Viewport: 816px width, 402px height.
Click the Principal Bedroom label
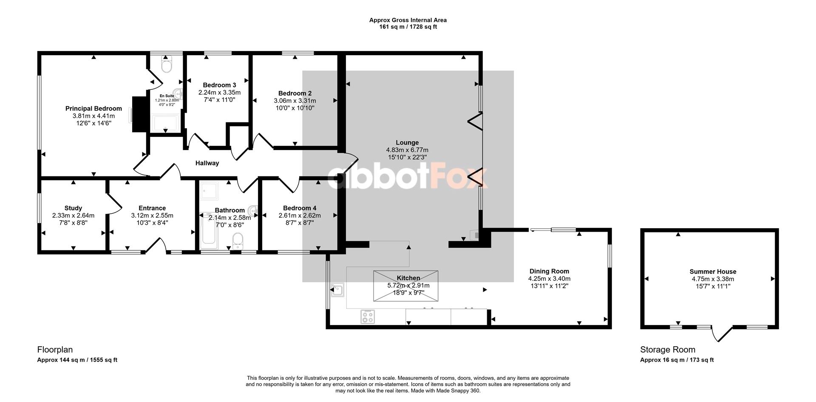pos(93,108)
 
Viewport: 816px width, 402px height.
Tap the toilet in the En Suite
pos(167,65)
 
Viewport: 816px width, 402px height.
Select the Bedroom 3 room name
pos(219,85)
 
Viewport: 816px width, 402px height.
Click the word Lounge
pos(407,143)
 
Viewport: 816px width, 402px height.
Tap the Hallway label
pos(207,163)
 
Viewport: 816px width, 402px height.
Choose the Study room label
pos(73,208)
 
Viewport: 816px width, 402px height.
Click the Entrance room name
pos(152,208)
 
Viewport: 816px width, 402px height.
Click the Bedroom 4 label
pos(300,208)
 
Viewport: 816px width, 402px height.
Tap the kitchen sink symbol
pos(337,290)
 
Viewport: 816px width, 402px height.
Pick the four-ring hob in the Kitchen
pos(368,317)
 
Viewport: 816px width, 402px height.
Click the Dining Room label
pos(549,271)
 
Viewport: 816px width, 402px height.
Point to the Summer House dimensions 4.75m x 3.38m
pos(713,279)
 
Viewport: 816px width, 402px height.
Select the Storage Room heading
pos(668,350)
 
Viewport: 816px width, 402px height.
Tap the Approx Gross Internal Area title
pos(408,20)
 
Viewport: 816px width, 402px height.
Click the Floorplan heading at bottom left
pos(55,350)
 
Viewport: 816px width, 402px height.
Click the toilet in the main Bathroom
pos(238,241)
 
